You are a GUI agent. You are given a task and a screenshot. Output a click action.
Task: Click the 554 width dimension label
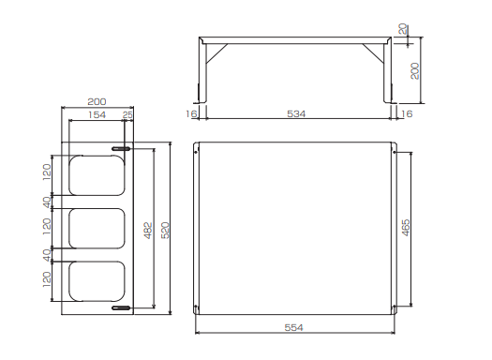point(293,328)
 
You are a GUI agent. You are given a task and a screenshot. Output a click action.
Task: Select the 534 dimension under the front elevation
point(296,113)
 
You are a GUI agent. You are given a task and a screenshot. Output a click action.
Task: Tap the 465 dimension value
point(406,228)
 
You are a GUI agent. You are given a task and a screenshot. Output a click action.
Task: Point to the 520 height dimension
point(165,230)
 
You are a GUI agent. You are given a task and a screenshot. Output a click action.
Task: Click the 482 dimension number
point(148,231)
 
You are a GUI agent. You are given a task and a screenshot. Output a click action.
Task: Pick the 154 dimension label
point(97,115)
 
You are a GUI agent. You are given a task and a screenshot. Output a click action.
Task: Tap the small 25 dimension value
point(127,115)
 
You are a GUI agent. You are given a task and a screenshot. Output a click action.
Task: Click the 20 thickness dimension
point(403,29)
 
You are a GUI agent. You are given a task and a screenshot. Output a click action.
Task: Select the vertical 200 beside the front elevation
point(415,71)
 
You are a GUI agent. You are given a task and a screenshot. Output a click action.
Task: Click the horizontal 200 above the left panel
point(97,101)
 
